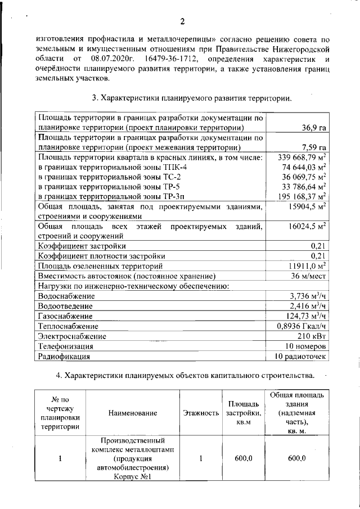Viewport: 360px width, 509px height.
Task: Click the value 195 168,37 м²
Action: (303, 197)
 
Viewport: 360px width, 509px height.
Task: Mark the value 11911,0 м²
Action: (308, 265)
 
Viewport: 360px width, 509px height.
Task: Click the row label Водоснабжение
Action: (66, 296)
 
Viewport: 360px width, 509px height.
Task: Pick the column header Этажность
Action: (201, 413)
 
